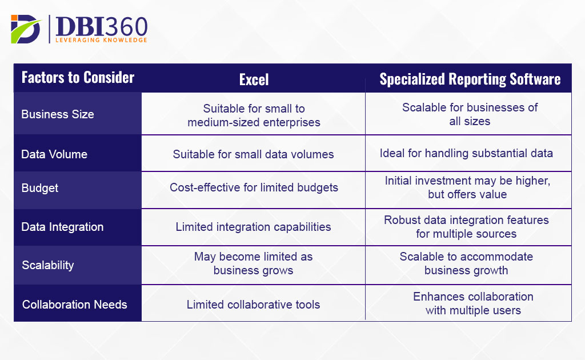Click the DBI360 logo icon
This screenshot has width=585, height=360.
click(x=26, y=29)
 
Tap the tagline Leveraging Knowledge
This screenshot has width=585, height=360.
click(x=101, y=40)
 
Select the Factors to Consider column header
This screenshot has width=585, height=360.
click(x=78, y=78)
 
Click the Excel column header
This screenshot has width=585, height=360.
click(x=254, y=79)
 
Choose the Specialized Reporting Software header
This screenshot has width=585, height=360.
click(x=470, y=79)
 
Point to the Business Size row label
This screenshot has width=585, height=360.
click(x=58, y=114)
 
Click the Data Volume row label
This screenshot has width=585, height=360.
click(x=54, y=154)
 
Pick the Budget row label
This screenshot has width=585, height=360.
click(x=40, y=188)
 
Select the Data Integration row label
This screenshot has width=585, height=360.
click(x=62, y=227)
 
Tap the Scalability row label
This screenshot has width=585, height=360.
click(x=48, y=265)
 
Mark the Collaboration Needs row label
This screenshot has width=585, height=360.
click(x=75, y=305)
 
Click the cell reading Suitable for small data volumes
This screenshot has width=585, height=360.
click(x=254, y=154)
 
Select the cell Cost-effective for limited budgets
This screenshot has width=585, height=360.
click(x=254, y=188)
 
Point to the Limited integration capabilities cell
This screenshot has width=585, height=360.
click(x=254, y=227)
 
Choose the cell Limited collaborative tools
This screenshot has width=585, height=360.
click(x=254, y=305)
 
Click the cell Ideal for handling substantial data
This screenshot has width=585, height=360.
click(x=466, y=153)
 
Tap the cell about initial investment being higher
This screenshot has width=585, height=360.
click(x=467, y=187)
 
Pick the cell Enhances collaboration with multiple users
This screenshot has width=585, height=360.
click(x=473, y=303)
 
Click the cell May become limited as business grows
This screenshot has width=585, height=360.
click(x=254, y=263)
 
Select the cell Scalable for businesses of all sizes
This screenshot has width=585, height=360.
click(x=470, y=114)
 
